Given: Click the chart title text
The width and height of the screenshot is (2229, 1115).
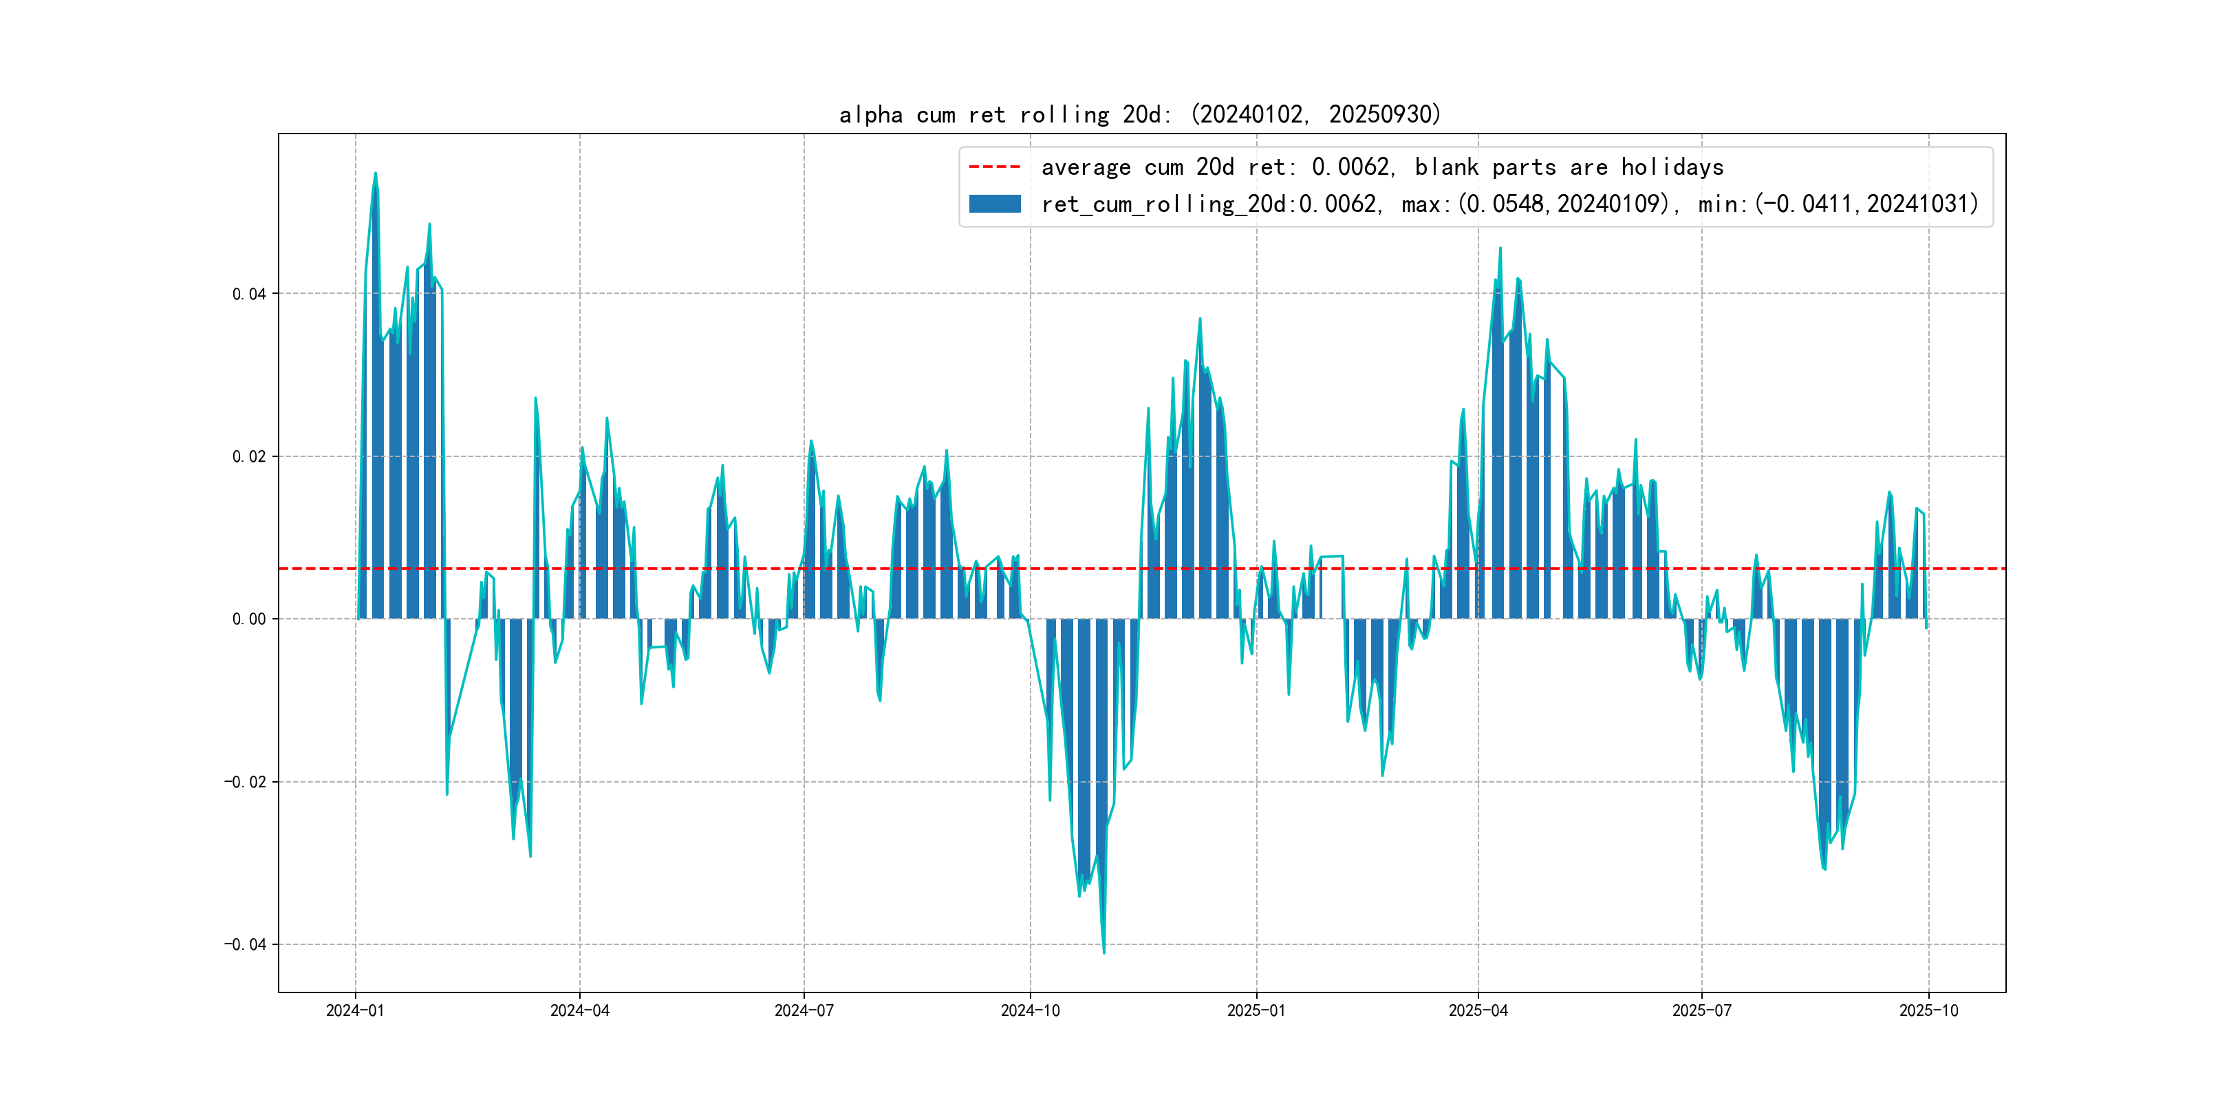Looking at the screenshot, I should (1139, 114).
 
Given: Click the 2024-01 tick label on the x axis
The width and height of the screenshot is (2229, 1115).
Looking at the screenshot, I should (355, 1010).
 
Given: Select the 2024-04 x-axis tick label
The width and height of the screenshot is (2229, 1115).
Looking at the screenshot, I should (580, 1010).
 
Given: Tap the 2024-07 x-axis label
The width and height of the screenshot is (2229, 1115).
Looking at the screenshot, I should (804, 1010).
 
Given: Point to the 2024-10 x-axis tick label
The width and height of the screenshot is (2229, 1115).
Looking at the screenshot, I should (1030, 1010).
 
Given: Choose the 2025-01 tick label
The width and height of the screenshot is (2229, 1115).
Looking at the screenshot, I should (1256, 1010).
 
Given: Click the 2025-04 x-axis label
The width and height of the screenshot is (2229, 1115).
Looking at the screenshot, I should (1478, 1010).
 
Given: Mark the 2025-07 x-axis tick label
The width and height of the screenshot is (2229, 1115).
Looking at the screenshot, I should (1701, 1010).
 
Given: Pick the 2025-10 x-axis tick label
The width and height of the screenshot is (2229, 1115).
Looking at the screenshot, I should (1928, 1010).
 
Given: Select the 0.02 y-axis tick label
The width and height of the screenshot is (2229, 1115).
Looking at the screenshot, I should (249, 457).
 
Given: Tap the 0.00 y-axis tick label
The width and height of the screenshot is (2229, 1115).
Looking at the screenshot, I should (249, 619).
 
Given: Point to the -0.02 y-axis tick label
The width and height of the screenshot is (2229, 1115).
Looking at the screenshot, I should (245, 782).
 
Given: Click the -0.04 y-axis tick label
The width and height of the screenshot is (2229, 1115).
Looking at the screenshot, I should (245, 944).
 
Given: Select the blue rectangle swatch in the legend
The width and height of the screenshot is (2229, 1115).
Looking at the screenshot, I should (994, 204).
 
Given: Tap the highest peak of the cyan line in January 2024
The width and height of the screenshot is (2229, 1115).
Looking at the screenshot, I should (376, 173).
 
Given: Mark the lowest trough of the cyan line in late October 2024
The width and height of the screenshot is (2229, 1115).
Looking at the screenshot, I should (1104, 953).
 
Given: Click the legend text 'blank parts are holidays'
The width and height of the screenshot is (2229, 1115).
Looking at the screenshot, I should (1569, 167).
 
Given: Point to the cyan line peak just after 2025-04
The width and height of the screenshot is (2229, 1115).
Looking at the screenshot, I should (1500, 248).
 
